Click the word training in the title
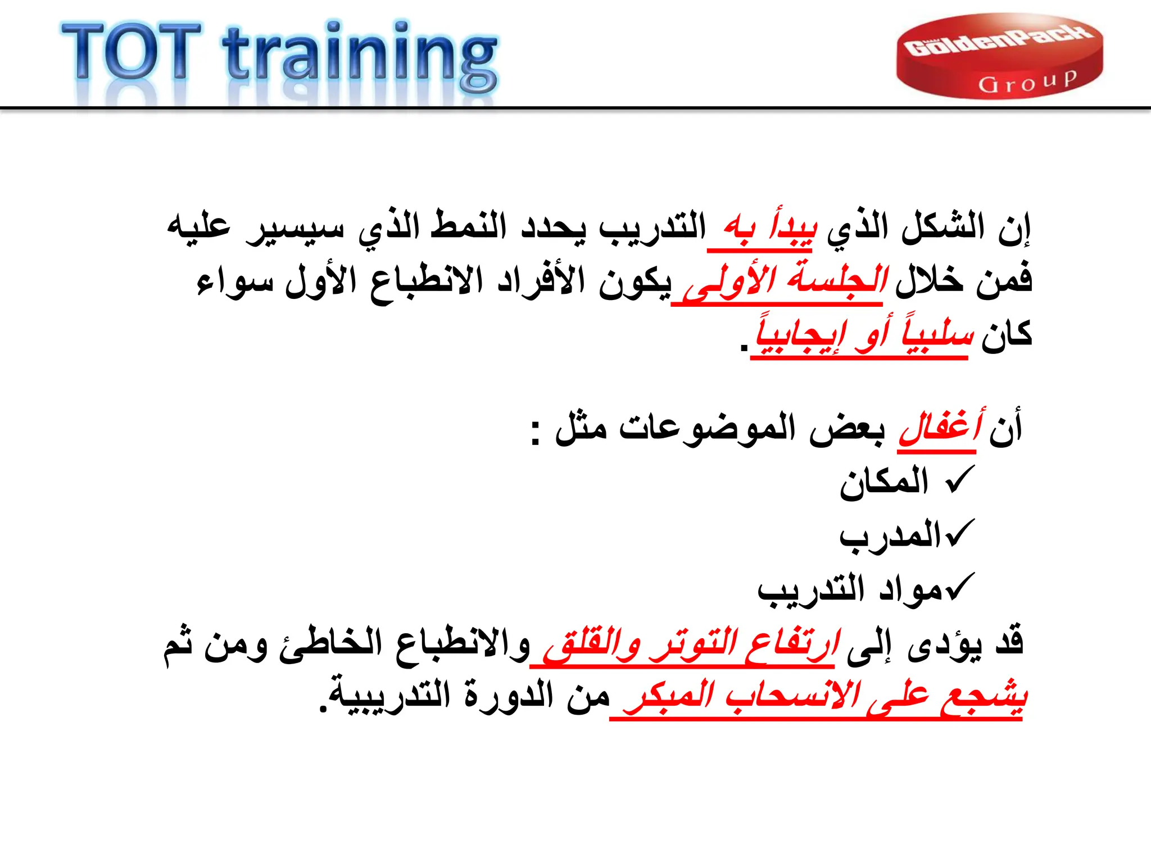click(360, 56)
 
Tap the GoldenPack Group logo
click(999, 56)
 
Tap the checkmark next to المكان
click(960, 480)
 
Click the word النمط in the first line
click(469, 228)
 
